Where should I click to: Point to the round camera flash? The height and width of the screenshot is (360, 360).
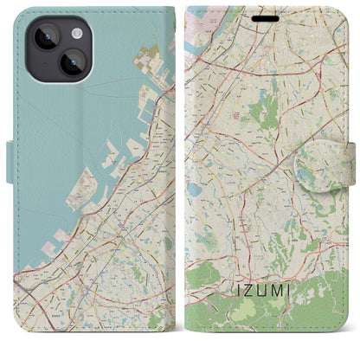coord(77,33)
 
